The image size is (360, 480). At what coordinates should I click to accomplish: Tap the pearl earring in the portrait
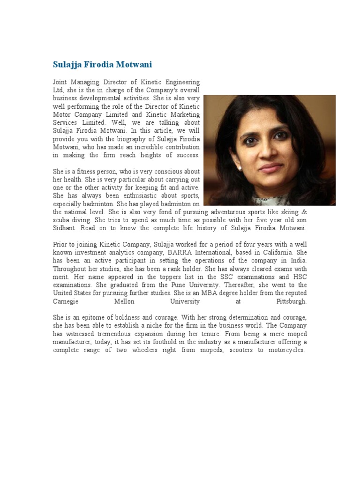click(240, 166)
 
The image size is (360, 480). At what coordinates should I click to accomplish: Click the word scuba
click(61, 220)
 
